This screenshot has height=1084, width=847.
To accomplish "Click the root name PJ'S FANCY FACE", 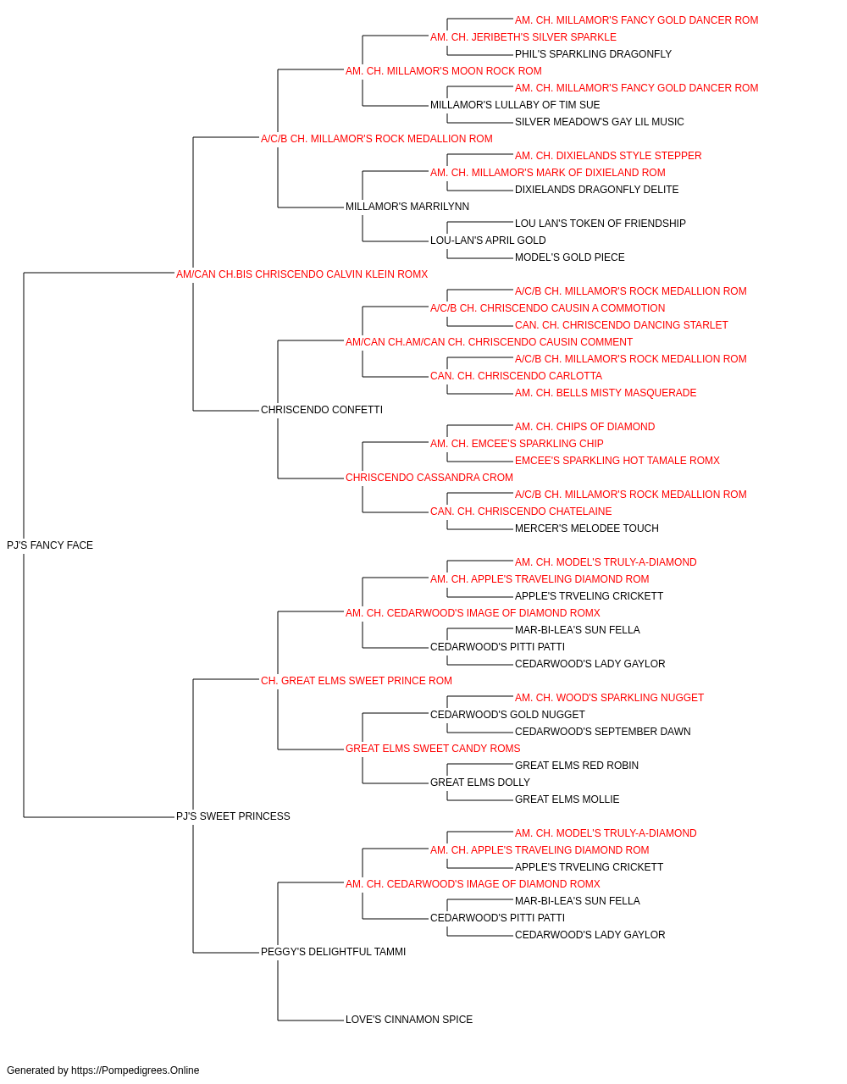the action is (x=50, y=545).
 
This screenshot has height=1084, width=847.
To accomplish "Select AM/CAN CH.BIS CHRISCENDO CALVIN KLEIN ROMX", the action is (x=302, y=274).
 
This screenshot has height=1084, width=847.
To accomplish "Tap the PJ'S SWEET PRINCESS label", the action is (x=233, y=816).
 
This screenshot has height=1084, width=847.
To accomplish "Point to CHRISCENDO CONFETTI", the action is (x=322, y=410).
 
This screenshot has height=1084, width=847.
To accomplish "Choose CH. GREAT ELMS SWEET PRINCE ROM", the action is (x=356, y=681).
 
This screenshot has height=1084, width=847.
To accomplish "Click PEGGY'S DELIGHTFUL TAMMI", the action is (x=333, y=952).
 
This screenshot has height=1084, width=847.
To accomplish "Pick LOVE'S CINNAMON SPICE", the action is (x=409, y=1020).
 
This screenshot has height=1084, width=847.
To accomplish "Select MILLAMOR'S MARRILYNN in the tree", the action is (x=407, y=207).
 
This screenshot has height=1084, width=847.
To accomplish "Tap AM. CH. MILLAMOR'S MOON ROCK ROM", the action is (x=444, y=71).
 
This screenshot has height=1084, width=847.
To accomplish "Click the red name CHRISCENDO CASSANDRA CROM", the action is (x=429, y=478).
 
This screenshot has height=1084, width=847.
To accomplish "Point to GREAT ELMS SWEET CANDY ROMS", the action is (x=433, y=749).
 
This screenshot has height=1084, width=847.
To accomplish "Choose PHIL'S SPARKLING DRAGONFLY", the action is (x=593, y=54).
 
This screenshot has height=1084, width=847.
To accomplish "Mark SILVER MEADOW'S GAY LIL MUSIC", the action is (x=599, y=122).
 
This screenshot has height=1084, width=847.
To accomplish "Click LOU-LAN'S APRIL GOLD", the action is (x=488, y=241).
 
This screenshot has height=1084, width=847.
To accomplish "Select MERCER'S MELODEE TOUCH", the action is (x=587, y=528).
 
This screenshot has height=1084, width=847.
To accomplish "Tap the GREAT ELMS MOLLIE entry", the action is (x=567, y=799).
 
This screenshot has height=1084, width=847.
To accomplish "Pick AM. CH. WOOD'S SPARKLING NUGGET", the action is (x=609, y=697).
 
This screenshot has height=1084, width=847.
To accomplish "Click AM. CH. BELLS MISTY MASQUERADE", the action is (x=606, y=393).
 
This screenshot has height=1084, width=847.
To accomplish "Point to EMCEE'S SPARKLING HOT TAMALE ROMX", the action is (x=617, y=461).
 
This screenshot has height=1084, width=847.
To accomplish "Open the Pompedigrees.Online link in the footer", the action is (x=135, y=1070).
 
